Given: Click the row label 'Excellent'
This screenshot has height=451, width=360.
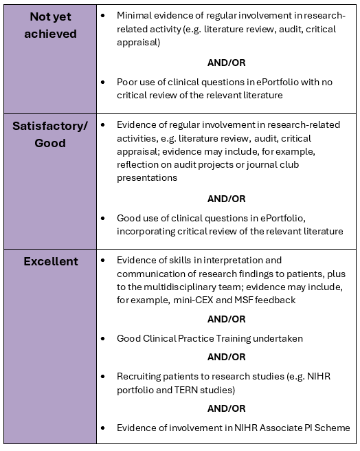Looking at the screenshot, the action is pyautogui.click(x=51, y=261).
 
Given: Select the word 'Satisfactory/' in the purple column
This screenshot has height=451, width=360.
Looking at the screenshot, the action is pyautogui.click(x=50, y=126).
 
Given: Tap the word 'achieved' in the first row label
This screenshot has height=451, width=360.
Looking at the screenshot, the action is pyautogui.click(x=50, y=34).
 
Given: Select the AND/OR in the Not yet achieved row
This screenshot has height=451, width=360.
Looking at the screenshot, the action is pyautogui.click(x=226, y=63).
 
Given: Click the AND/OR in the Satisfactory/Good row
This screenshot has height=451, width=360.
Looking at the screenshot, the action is pyautogui.click(x=226, y=199).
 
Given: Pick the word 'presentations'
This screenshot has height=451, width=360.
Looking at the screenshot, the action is pyautogui.click(x=147, y=178).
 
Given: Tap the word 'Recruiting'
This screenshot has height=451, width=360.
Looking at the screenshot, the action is pyautogui.click(x=139, y=377).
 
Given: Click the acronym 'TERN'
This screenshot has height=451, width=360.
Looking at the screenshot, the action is pyautogui.click(x=185, y=390).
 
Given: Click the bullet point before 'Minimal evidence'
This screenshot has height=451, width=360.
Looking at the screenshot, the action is pyautogui.click(x=103, y=16).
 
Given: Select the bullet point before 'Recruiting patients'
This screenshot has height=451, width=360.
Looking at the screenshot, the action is pyautogui.click(x=103, y=377).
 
